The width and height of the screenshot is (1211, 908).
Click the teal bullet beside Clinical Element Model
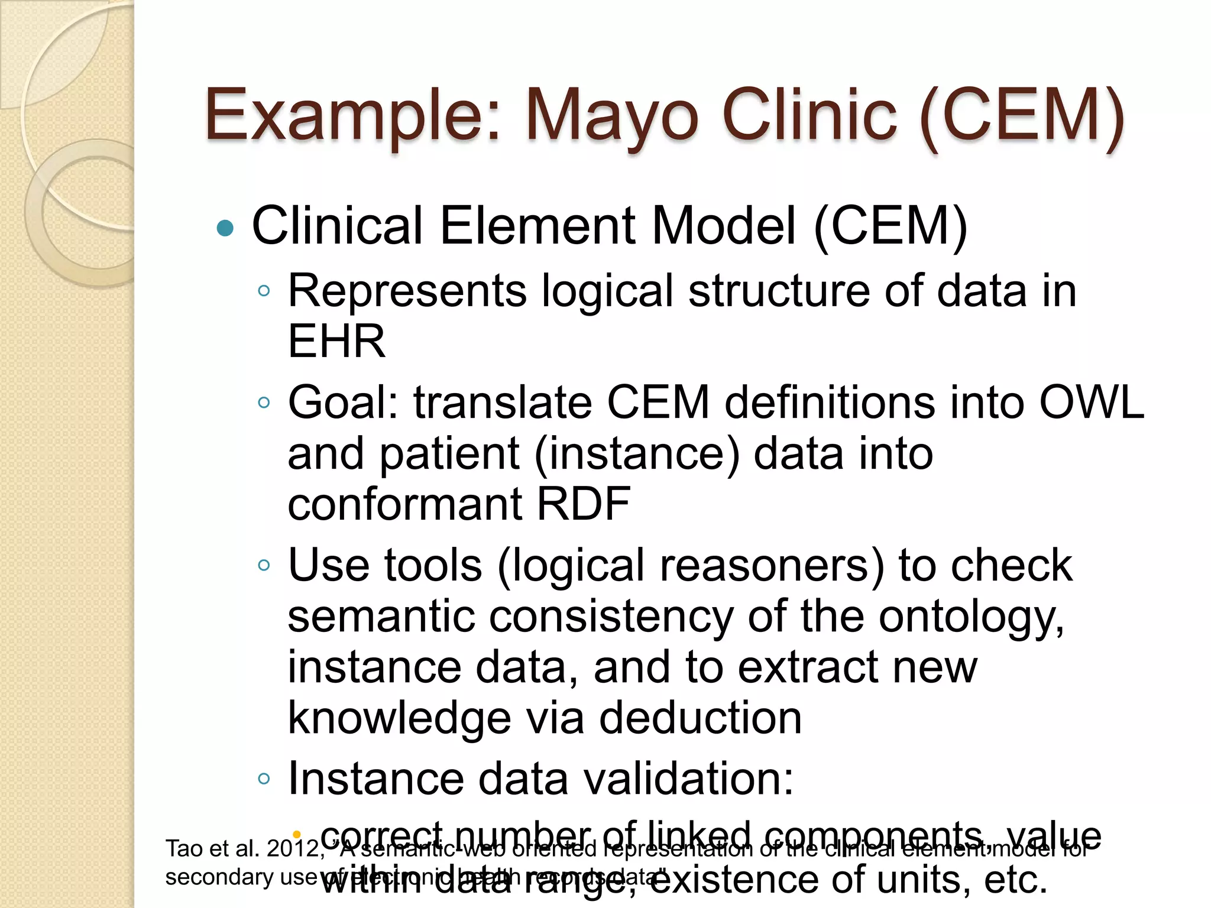tap(225, 228)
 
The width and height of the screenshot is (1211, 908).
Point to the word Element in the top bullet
tap(537, 226)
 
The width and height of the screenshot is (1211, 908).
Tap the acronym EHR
tap(336, 342)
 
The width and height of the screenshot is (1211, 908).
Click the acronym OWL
tap(1092, 403)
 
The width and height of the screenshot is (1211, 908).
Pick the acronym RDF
tap(583, 504)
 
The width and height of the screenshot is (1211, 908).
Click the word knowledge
tap(399, 718)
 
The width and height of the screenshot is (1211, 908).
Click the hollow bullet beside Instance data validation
tap(264, 779)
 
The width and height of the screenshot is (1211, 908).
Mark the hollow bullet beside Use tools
tap(264, 565)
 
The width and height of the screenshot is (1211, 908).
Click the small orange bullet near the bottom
tap(297, 834)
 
